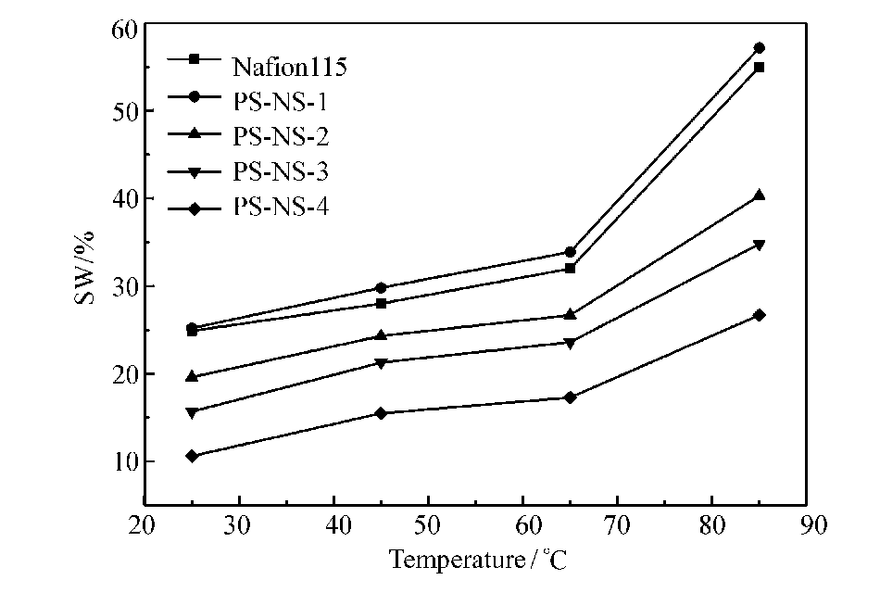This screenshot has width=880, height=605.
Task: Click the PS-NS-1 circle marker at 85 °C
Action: pos(760,47)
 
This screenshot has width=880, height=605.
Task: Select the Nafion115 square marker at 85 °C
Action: pos(760,67)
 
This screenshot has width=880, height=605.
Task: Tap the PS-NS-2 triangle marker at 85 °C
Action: pos(760,195)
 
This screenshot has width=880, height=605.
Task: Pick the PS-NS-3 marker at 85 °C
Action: pos(760,245)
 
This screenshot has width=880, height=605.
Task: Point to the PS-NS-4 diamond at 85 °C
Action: pos(760,315)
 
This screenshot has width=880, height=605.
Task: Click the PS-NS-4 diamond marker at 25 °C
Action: pos(192,456)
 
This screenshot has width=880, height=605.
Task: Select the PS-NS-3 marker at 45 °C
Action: pos(381,362)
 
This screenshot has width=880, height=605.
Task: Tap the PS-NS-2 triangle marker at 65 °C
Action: pos(571,315)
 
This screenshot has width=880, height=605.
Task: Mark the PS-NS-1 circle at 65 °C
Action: pos(571,252)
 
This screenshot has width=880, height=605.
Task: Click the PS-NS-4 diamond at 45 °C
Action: pos(381,413)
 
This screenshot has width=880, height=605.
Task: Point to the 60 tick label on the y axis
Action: pos(124,29)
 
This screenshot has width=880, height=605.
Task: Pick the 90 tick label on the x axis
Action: pos(811,524)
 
